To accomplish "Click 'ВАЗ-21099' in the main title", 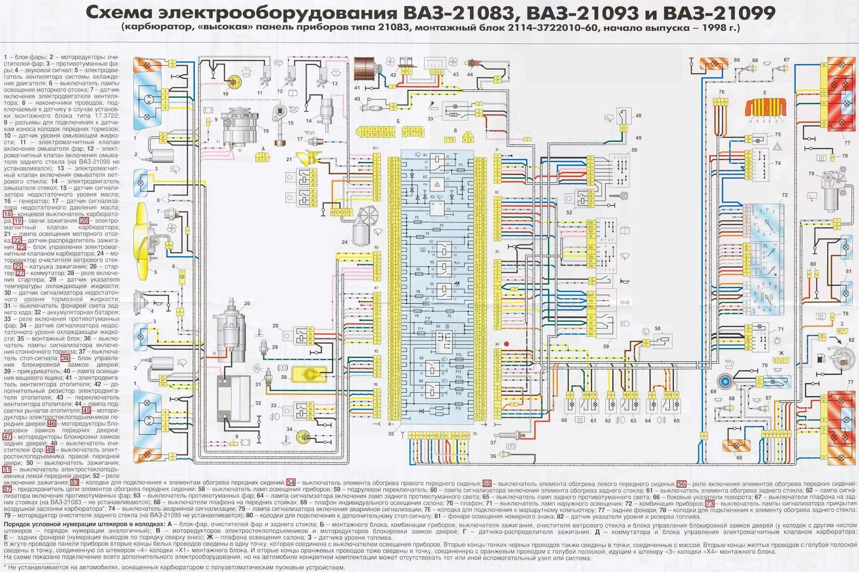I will point(719,13).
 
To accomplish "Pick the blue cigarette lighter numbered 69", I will point(723,381).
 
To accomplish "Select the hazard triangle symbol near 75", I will point(778,146).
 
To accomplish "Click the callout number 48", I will point(638,115).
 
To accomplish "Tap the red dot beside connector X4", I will point(506,344).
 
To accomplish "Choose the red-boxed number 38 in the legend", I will point(65,358).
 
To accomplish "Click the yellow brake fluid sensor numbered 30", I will point(309,373).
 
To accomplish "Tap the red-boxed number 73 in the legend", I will point(710,503).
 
